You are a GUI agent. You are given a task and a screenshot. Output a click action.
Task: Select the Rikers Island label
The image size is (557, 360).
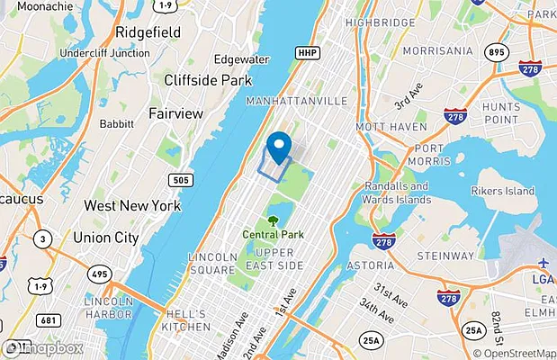(x=504, y=191)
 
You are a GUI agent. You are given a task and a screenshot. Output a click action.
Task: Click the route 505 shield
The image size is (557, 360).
(x=182, y=180)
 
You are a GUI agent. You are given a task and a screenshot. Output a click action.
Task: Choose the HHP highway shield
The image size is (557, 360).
(x=308, y=53)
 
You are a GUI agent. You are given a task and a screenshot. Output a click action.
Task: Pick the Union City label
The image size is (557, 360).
(x=105, y=238)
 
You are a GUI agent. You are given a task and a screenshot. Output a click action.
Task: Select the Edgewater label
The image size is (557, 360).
(x=241, y=59)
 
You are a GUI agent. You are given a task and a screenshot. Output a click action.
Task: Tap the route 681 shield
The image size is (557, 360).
(x=49, y=319)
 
